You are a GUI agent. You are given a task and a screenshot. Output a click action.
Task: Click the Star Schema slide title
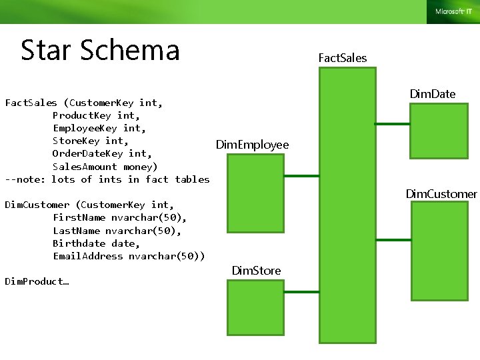tap(100, 50)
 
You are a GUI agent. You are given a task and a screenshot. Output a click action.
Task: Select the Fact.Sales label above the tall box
tap(343, 58)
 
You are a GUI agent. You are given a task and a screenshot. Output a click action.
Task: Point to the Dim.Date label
tap(433, 94)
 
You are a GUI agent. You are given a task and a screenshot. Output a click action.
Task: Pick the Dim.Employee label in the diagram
tap(253, 145)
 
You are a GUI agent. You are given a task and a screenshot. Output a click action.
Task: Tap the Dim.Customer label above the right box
tap(441, 194)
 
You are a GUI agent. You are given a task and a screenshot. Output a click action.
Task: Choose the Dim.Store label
tap(256, 270)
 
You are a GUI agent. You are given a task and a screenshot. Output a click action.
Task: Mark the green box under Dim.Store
tap(255, 311)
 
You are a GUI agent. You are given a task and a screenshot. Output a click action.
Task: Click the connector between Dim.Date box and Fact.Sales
tap(392, 123)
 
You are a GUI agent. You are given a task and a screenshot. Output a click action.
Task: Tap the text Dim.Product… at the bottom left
tap(37, 281)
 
